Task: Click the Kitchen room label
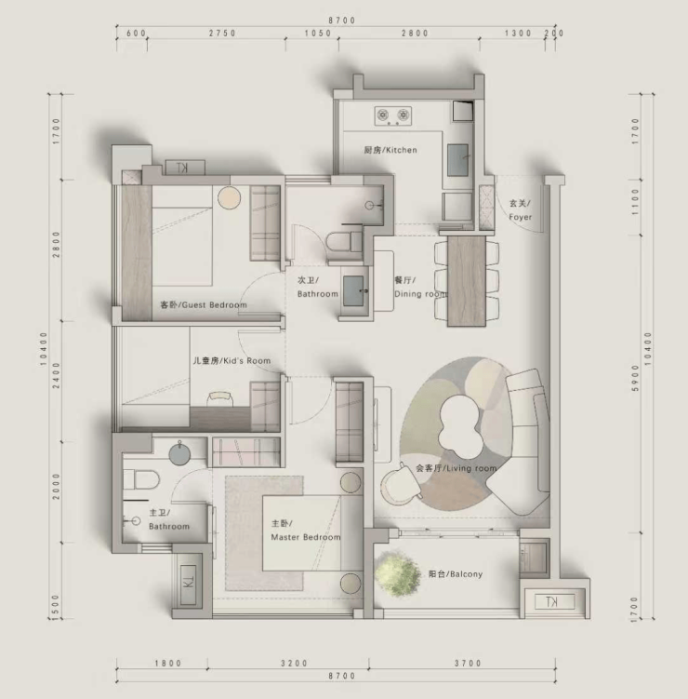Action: click(x=390, y=150)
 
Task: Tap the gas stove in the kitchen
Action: click(x=392, y=116)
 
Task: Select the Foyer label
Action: click(x=520, y=210)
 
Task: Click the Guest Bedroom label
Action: click(x=204, y=305)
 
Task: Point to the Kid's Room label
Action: click(x=232, y=360)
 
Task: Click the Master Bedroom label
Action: click(x=306, y=531)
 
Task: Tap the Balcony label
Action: click(x=456, y=574)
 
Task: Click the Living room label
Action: click(x=456, y=468)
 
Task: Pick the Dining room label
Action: click(x=420, y=287)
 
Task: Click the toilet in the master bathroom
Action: click(x=141, y=480)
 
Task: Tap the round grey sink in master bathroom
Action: click(x=180, y=453)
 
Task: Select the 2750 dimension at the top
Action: click(x=222, y=33)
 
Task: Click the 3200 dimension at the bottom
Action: click(x=294, y=664)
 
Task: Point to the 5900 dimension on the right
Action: click(x=635, y=379)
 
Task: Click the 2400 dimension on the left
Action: click(x=56, y=375)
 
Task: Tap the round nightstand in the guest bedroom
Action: click(x=230, y=197)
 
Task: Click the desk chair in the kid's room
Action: click(x=220, y=398)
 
